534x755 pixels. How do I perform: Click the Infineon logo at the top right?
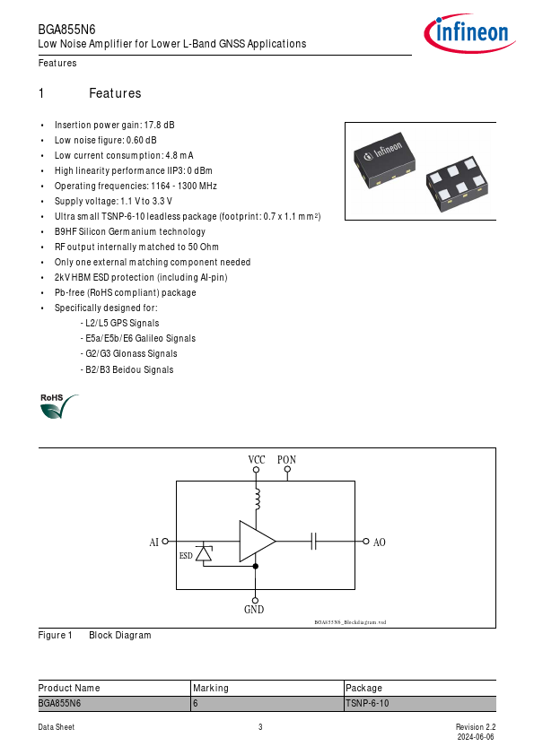point(469,33)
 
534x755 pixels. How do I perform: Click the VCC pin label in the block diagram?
point(257,460)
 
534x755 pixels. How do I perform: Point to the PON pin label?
point(286,460)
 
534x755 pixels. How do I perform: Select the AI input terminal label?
point(153,542)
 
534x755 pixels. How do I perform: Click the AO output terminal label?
point(380,542)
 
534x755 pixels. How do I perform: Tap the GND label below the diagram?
point(254,610)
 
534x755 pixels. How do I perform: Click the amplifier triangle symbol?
point(258,542)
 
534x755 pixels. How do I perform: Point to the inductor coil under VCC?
point(257,499)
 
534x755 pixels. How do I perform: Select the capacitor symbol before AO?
point(314,542)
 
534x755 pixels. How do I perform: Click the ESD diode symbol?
point(204,554)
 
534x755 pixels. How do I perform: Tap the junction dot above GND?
point(256,567)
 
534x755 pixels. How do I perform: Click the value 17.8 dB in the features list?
point(160,125)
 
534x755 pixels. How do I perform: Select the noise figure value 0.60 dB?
point(141,140)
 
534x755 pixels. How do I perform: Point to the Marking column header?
point(211,688)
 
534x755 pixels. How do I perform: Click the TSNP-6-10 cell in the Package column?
point(367,704)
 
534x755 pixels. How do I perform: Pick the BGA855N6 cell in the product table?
point(59,704)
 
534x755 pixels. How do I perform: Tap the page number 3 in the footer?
point(260,727)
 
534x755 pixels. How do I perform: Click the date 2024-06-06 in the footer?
point(476,737)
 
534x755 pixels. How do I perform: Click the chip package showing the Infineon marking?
point(385,160)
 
